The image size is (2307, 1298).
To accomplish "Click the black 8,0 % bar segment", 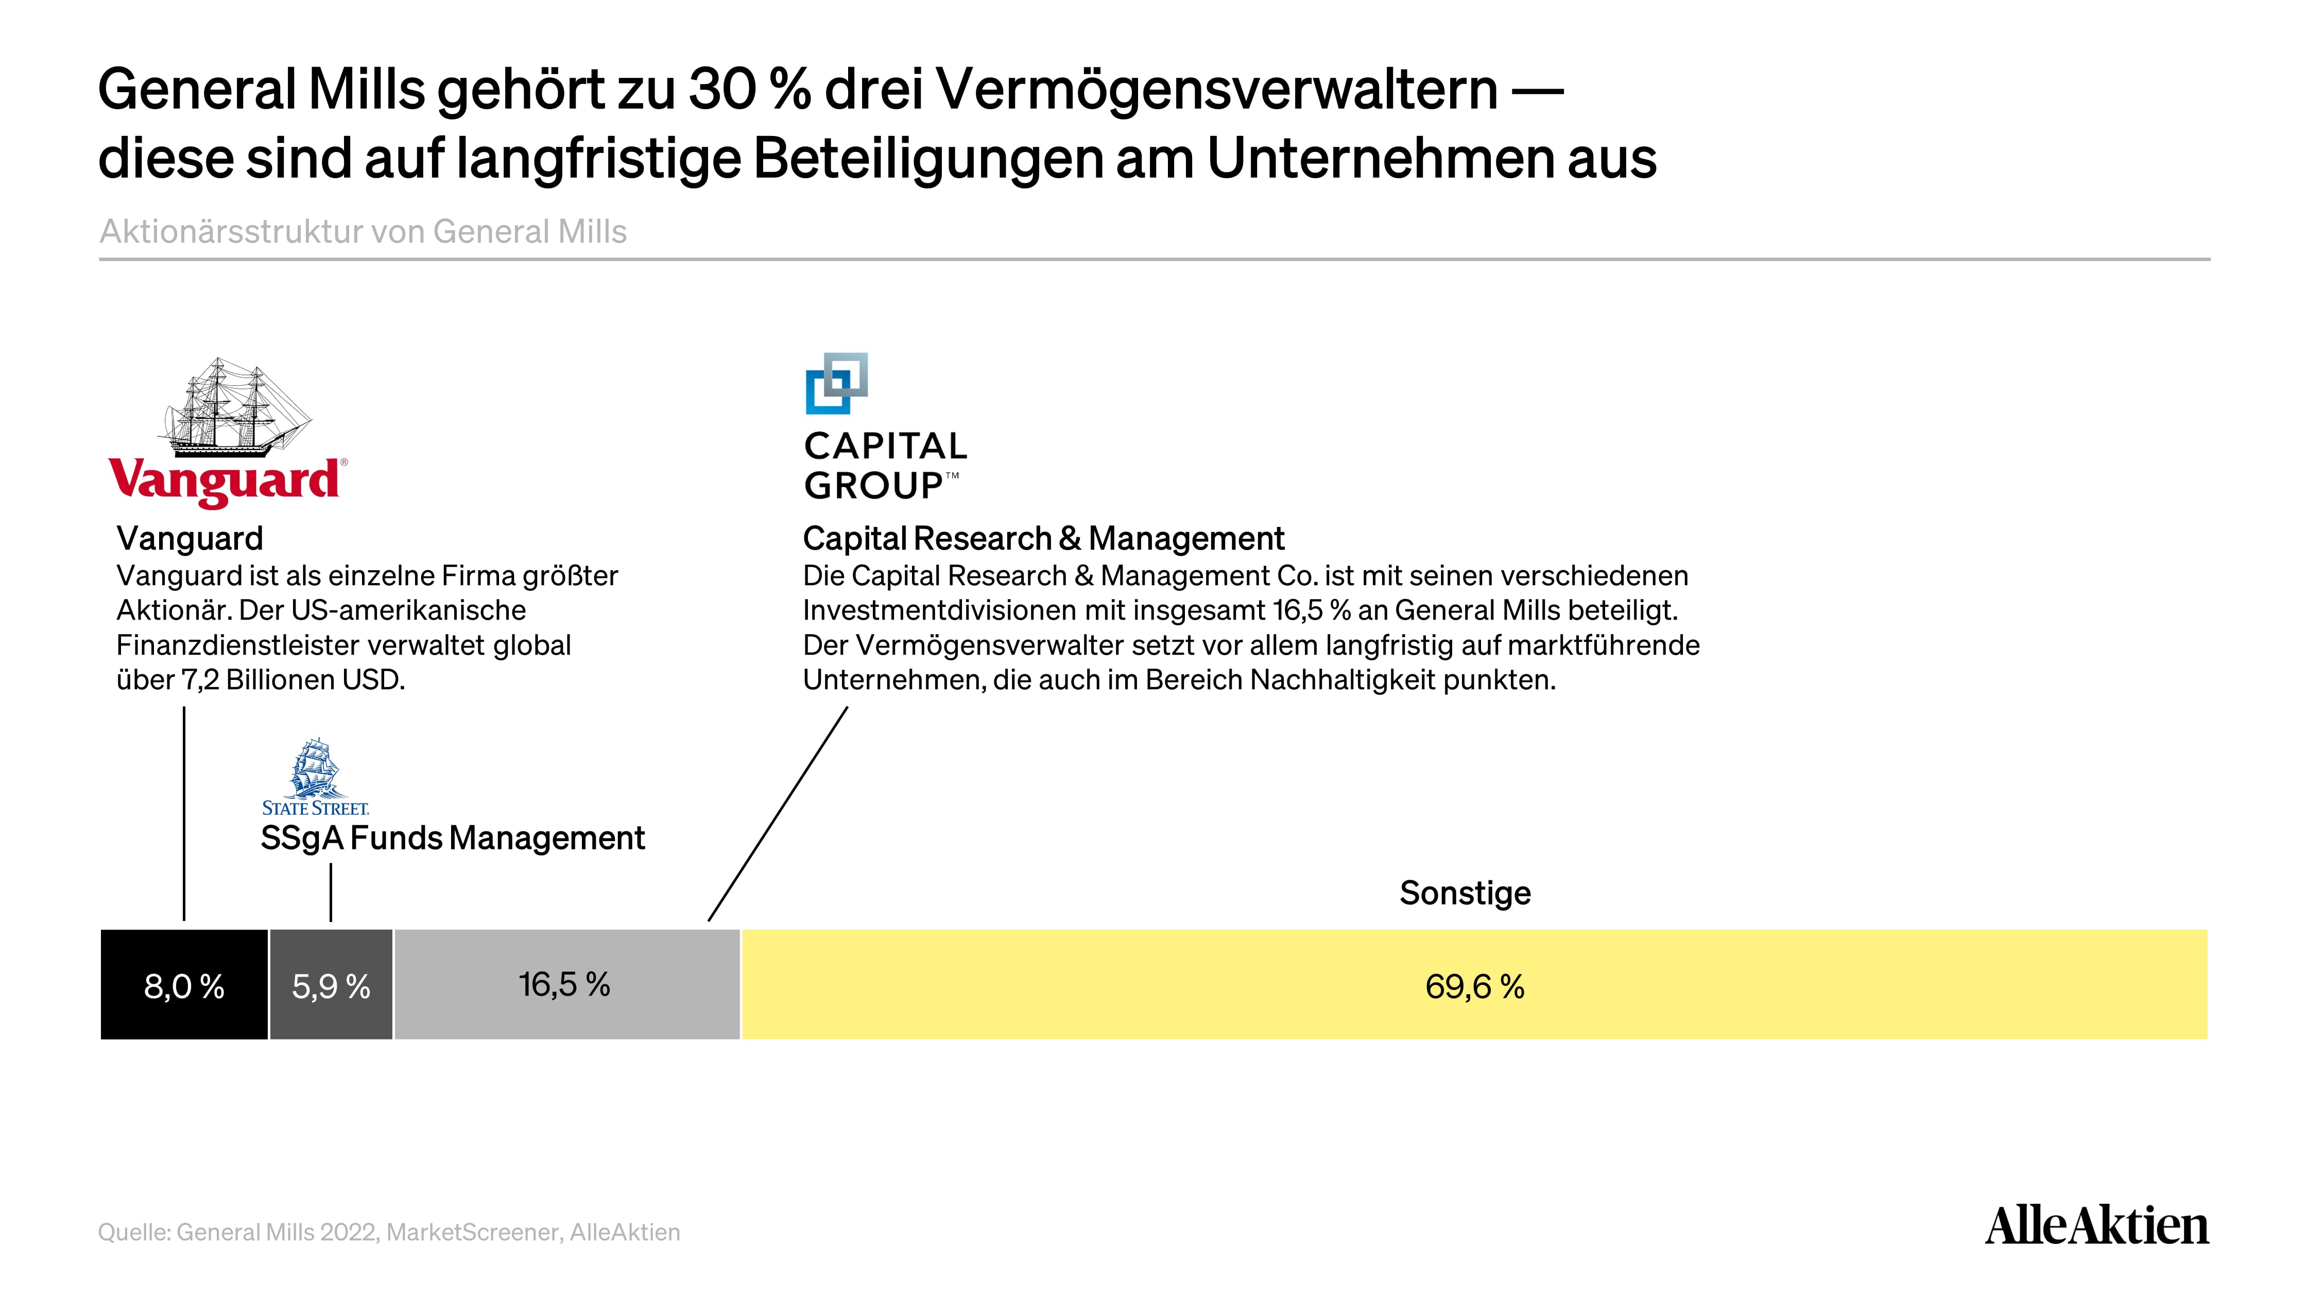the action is point(184,984).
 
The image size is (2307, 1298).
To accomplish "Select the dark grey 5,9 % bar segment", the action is point(331,984).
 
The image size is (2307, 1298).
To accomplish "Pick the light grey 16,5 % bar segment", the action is point(567,984).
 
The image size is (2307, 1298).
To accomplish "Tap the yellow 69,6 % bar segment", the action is point(1475,984).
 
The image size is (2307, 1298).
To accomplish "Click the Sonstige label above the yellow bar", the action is point(1465,893).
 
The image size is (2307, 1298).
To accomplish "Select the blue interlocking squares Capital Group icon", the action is point(836,383).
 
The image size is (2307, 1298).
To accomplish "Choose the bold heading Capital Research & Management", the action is point(1043,538).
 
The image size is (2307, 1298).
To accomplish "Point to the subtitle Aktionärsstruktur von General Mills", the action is point(363,231).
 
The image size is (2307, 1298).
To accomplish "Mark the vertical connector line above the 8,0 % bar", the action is point(184,813).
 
